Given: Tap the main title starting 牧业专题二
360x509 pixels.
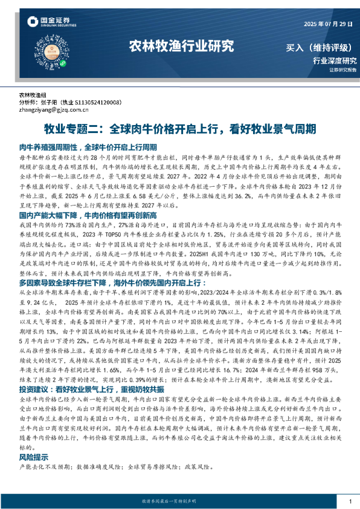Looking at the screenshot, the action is point(180,129).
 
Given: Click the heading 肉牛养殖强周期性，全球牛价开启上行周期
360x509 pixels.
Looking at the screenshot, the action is point(88,147).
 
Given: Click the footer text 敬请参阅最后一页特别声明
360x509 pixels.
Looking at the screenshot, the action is point(179,502).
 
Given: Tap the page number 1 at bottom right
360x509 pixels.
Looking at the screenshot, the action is point(350,502).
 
